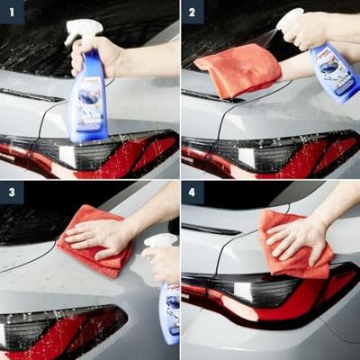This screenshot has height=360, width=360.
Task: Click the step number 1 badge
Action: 12,12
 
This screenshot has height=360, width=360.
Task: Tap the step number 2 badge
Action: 193,12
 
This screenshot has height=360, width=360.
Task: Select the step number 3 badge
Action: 12,193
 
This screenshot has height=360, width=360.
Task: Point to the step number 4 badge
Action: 193,193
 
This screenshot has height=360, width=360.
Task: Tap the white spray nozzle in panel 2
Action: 290,17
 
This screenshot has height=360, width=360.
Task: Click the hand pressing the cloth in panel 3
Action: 101,236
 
